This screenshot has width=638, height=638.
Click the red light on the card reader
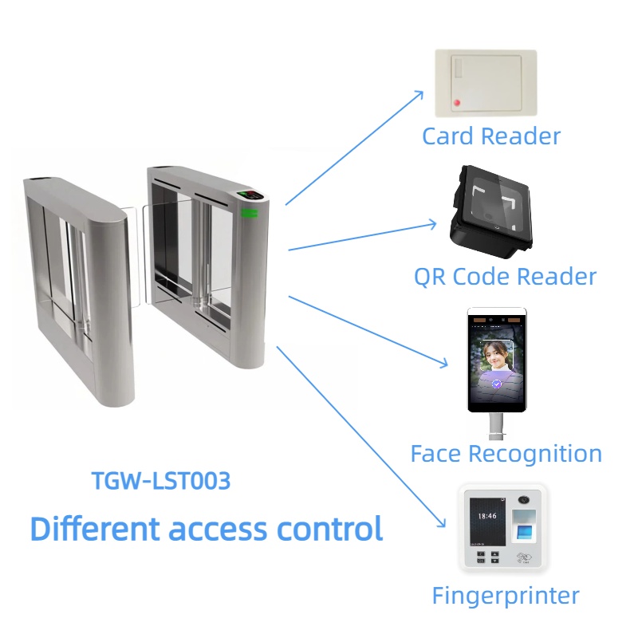pyautogui.click(x=458, y=103)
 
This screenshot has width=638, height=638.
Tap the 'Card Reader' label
pyautogui.click(x=491, y=136)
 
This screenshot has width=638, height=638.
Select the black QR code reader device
pyautogui.click(x=486, y=210)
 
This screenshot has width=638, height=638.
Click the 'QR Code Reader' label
pyautogui.click(x=505, y=277)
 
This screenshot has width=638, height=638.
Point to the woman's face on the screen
pyautogui.click(x=498, y=355)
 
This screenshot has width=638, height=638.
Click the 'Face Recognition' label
pyautogui.click(x=506, y=454)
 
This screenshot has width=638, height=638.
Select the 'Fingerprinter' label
pyautogui.click(x=506, y=595)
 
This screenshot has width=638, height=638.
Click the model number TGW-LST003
pyautogui.click(x=161, y=481)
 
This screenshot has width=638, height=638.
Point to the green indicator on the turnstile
pyautogui.click(x=250, y=213)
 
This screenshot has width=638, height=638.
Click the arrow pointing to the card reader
pyautogui.click(x=355, y=147)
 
